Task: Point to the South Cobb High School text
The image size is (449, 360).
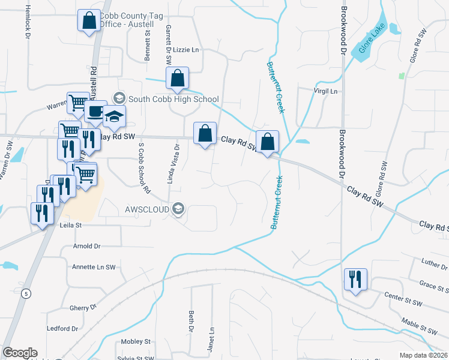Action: pos(173,99)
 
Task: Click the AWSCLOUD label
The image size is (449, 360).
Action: pos(146,209)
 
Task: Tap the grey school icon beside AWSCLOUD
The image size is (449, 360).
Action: pos(178,209)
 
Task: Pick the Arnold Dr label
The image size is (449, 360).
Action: pos(86,246)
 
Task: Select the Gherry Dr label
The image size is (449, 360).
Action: pos(79,307)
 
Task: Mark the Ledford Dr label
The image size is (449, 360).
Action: pos(62,328)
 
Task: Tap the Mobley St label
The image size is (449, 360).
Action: pos(135,341)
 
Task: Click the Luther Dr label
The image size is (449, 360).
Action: pos(430,262)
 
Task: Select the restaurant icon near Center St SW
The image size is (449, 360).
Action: pos(355,280)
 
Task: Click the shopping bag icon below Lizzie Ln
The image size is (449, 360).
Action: pos(177,78)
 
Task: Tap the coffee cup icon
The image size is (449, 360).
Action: pos(95,111)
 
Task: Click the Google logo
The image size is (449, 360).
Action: pos(20,353)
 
